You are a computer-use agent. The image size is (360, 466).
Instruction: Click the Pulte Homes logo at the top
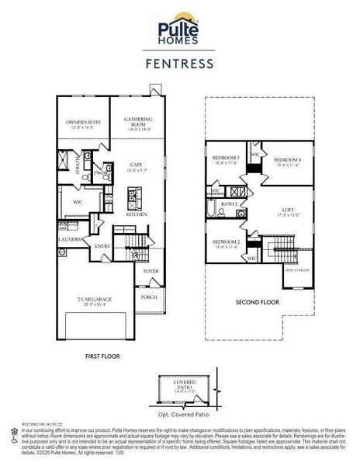pyautogui.click(x=180, y=30)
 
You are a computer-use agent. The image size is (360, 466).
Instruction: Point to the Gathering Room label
pyautogui.click(x=138, y=122)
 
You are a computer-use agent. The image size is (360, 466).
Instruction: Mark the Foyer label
pyautogui.click(x=150, y=273)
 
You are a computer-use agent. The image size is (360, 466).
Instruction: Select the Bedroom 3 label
pyautogui.click(x=226, y=160)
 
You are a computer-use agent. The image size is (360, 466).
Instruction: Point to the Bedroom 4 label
pyautogui.click(x=287, y=161)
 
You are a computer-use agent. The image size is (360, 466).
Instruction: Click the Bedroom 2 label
pyautogui.click(x=227, y=245)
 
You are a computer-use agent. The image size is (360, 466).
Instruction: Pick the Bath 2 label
pyautogui.click(x=229, y=203)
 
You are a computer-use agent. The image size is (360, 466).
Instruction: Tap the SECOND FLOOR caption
pyautogui.click(x=258, y=302)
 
